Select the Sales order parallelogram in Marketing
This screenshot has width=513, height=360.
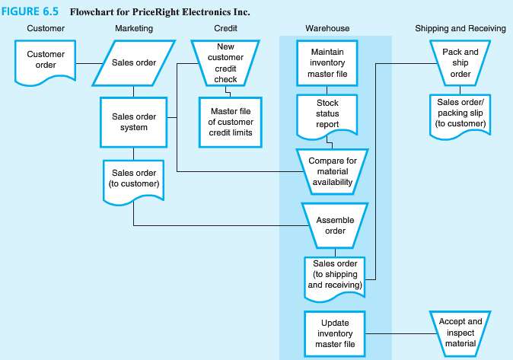point(134,62)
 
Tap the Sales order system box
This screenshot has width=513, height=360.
point(134,122)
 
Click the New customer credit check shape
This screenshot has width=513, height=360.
point(227,63)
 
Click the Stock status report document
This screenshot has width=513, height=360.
point(327,114)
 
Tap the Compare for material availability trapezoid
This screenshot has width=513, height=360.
point(333,166)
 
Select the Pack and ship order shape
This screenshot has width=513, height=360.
point(460,62)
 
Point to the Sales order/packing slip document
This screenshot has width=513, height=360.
point(460,113)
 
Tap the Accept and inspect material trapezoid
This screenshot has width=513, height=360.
point(460,333)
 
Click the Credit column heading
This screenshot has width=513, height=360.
point(227,28)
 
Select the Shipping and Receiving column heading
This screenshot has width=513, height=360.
point(460,28)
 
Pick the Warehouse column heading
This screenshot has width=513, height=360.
point(328,28)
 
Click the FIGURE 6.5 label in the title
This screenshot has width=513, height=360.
point(30,12)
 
